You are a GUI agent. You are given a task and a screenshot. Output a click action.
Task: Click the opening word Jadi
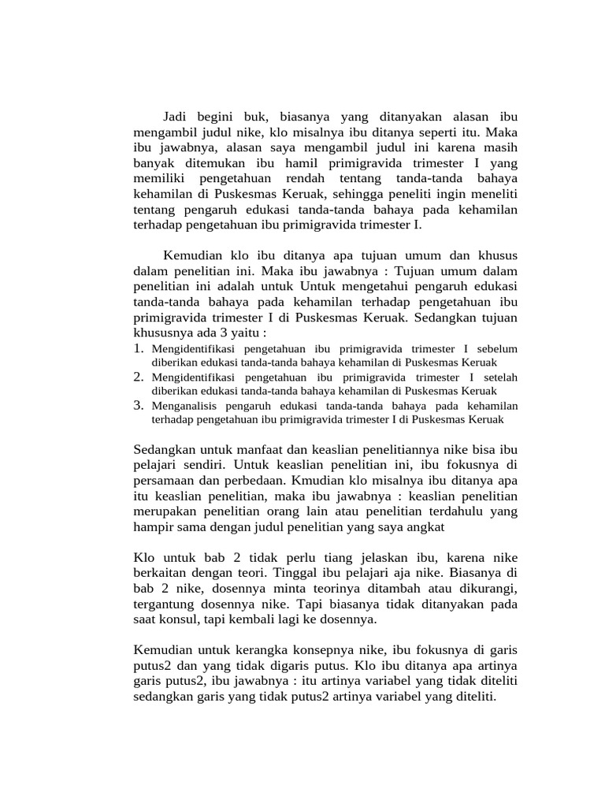tap(176, 116)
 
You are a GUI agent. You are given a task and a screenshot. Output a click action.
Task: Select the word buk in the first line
tap(262, 116)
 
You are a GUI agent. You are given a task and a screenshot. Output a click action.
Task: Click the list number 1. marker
tap(139, 348)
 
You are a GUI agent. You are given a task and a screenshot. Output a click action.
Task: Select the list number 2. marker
tap(139, 377)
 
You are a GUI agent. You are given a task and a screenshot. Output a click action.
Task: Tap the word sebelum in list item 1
tap(497, 349)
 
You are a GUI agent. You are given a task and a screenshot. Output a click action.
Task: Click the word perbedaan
tap(255, 480)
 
